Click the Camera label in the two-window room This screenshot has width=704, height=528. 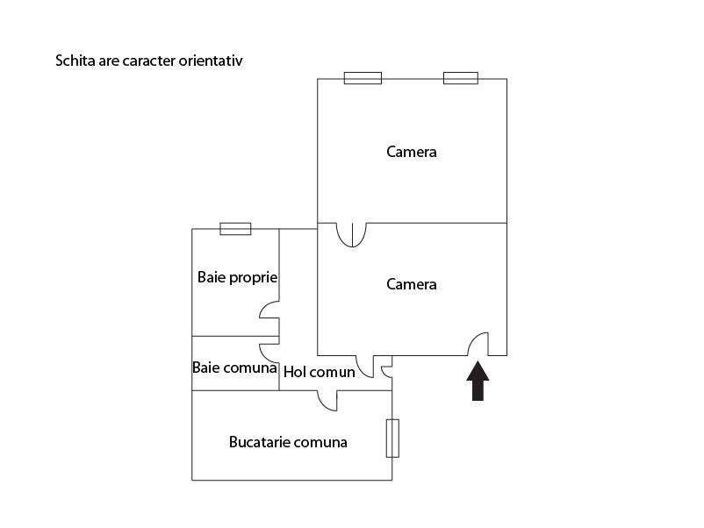412,152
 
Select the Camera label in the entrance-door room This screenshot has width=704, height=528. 412,284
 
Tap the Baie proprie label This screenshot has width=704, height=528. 237,277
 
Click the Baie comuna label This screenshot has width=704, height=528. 234,368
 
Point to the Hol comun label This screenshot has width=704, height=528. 320,372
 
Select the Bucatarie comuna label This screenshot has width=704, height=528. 288,442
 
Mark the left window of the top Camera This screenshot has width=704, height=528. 363,78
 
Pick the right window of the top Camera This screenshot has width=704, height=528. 461,78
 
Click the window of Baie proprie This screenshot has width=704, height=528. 235,229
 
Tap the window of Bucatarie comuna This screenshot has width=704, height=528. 392,438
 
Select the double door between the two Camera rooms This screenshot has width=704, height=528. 351,235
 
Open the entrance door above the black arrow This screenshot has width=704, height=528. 478,345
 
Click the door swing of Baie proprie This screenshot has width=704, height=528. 269,312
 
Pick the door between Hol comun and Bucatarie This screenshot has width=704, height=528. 327,400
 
